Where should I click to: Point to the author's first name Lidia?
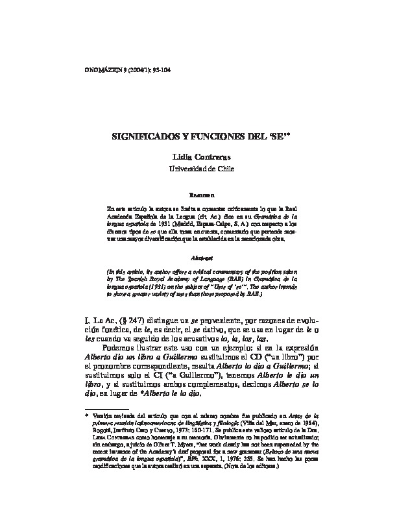[182, 158]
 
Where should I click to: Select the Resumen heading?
[198, 194]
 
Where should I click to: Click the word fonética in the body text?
[126, 330]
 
